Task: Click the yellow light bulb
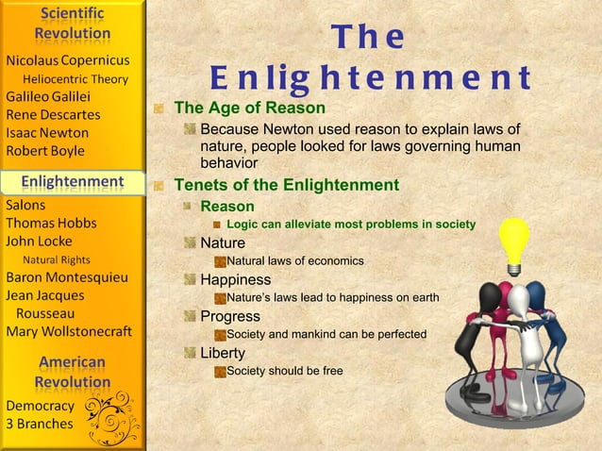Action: pos(513,241)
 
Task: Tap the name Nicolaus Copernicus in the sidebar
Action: pos(67,60)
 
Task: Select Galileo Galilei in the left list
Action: pos(48,96)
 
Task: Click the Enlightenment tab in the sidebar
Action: pos(73,181)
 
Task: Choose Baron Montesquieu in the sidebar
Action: pos(67,277)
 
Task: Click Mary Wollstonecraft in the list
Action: pos(69,331)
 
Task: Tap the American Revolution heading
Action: pos(73,372)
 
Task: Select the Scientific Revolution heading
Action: pos(73,24)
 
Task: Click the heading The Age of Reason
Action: pos(250,109)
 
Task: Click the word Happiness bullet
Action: pos(235,280)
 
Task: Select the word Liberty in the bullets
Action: pos(223,353)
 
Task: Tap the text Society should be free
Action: pos(284,371)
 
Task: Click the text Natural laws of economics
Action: pos(294,260)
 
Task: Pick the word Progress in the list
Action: pos(230,316)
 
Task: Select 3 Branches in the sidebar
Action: pos(40,424)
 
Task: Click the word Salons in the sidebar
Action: pos(26,204)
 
